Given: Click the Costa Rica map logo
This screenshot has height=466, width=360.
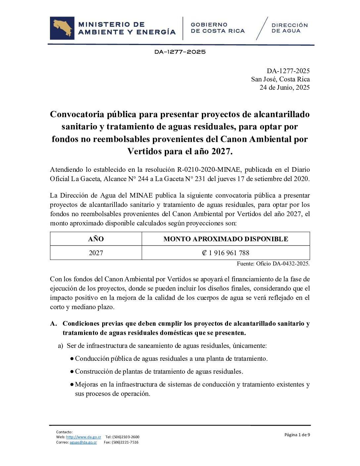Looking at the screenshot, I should click(62, 28).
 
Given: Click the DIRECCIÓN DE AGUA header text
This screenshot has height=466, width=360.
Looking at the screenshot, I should click(290, 28).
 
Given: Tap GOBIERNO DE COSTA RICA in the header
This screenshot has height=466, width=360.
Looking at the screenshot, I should click(217, 28).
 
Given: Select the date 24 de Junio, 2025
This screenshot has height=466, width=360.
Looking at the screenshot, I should click(285, 87).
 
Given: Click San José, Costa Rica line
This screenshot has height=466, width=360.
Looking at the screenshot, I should click(280, 79).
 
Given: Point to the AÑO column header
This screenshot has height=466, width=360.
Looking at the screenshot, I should click(96, 239).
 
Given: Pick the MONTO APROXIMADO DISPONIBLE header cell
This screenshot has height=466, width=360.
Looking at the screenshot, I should click(226, 239).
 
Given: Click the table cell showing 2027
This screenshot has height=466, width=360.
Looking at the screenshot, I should click(96, 253).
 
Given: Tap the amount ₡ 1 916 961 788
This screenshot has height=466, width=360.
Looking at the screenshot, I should click(226, 253).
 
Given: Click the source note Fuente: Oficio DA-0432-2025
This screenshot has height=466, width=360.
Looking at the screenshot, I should click(273, 264).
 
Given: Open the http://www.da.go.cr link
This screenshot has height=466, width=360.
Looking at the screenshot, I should click(83, 437).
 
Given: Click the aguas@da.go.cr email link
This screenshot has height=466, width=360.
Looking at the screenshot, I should click(83, 442).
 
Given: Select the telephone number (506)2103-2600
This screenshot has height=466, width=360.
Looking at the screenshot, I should click(126, 437).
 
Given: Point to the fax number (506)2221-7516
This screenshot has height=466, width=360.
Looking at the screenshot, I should click(125, 442).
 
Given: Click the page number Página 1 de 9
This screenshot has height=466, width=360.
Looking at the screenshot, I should click(297, 435).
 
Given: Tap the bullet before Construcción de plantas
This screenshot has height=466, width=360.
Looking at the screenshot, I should click(72, 372).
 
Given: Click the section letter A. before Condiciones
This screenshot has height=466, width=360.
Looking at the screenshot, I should click(53, 323).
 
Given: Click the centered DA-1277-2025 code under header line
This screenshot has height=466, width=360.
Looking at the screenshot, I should click(180, 52).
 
